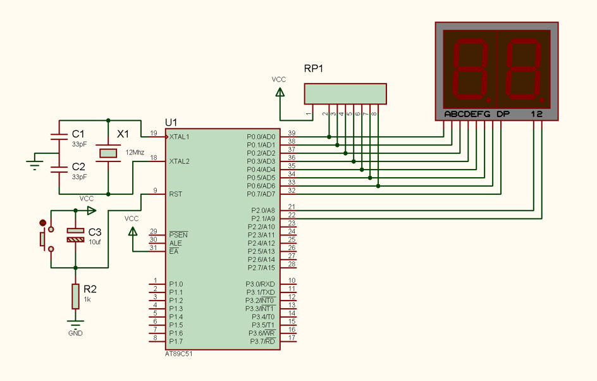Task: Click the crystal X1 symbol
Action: (x=108, y=153)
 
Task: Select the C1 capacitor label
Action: (x=78, y=134)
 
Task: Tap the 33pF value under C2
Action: (x=80, y=177)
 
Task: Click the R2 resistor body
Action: (x=75, y=296)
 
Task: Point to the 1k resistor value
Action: (x=87, y=299)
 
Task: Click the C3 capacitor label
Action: (x=95, y=232)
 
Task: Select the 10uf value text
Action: (x=95, y=242)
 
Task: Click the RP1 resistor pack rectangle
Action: (x=345, y=94)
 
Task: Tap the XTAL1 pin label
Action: (x=179, y=137)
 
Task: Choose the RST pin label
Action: (x=176, y=194)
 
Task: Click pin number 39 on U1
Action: (x=292, y=133)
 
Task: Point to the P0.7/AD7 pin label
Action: (x=261, y=194)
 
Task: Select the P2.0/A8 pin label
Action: (x=263, y=210)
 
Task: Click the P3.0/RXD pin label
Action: (x=260, y=284)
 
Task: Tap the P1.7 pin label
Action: (x=176, y=341)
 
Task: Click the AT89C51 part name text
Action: (x=178, y=354)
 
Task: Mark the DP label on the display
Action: (x=503, y=114)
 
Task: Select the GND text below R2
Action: (x=75, y=334)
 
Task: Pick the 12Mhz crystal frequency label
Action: (x=135, y=153)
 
